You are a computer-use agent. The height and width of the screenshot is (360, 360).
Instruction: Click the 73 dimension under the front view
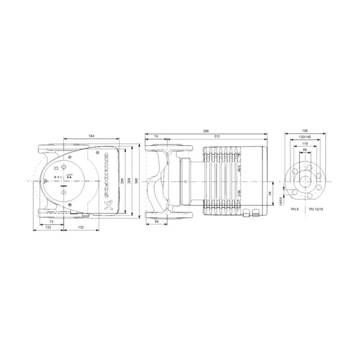tap(52, 222)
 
